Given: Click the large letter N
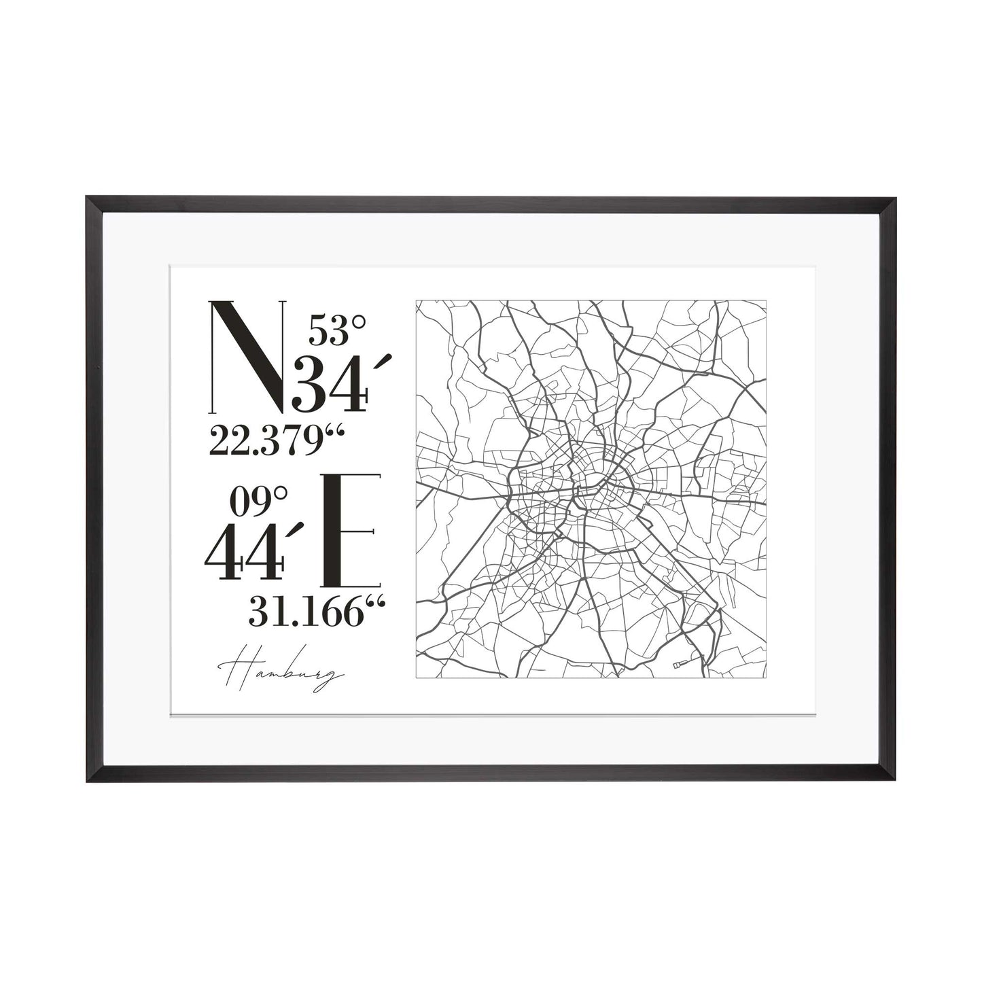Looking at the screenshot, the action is point(248,357).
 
